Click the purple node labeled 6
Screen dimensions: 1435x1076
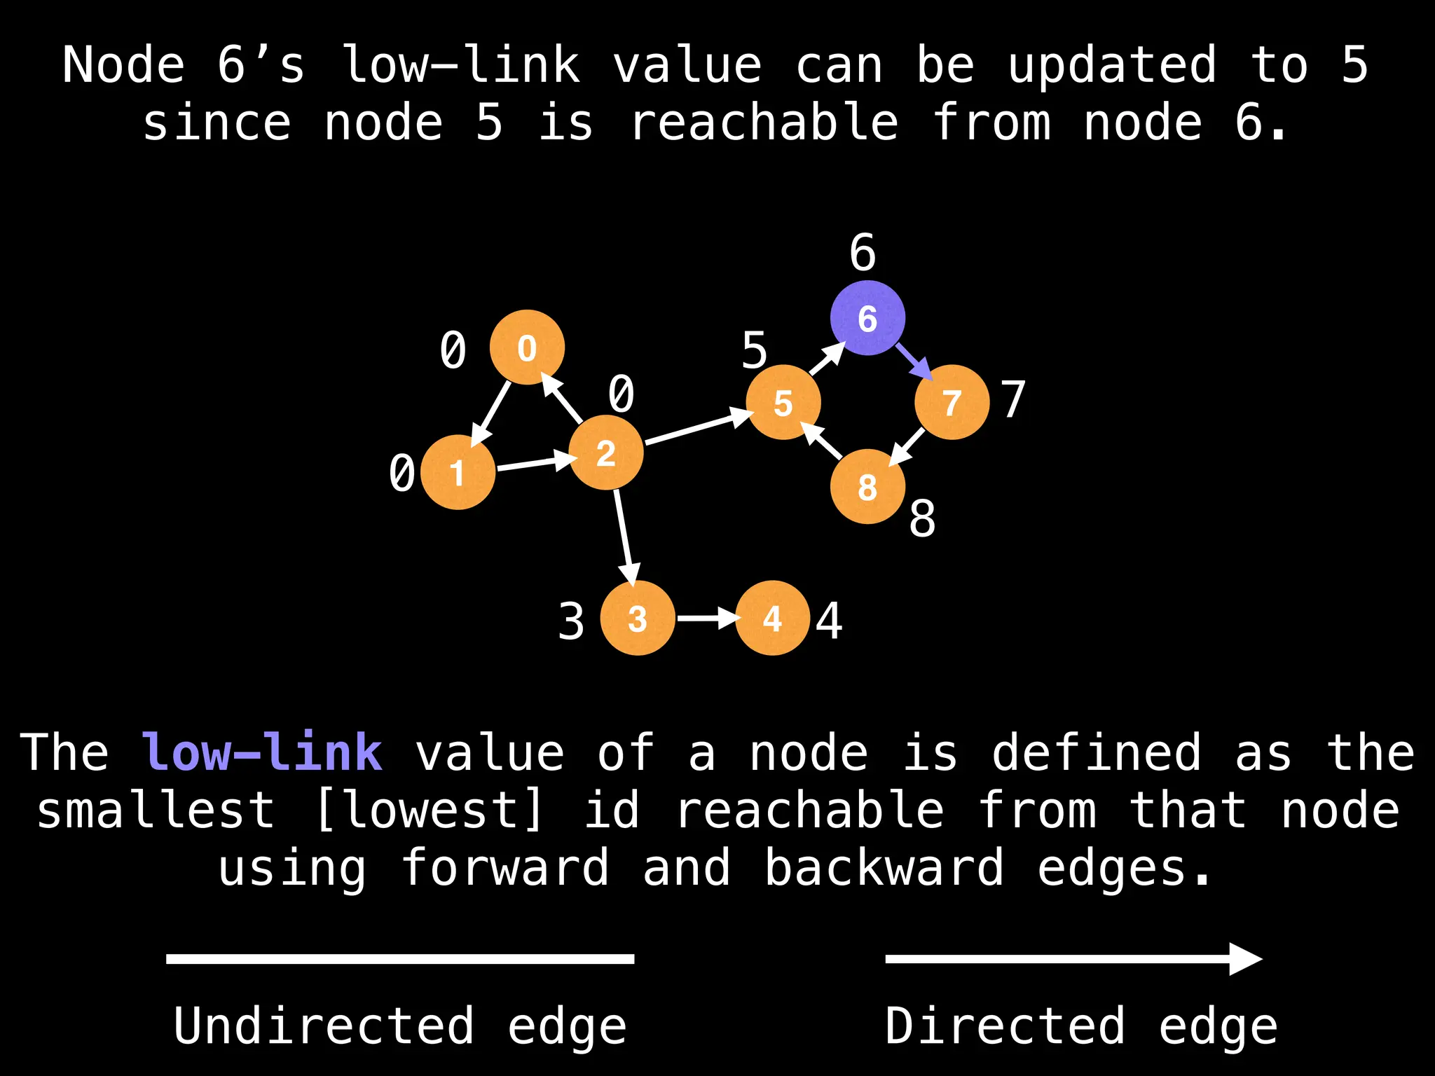(x=867, y=318)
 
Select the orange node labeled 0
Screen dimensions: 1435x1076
(x=527, y=347)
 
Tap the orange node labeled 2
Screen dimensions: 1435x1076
(x=606, y=453)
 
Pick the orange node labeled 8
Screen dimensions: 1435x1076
(x=867, y=487)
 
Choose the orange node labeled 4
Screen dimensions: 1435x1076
(x=772, y=618)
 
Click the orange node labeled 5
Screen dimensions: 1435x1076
(x=783, y=402)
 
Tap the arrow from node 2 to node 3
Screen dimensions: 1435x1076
(x=625, y=536)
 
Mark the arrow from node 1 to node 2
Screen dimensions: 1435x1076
(x=534, y=463)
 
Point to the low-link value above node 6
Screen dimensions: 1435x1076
(x=863, y=252)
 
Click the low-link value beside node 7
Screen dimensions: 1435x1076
(x=1013, y=399)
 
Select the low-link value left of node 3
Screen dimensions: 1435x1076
(x=571, y=621)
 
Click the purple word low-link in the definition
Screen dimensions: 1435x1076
(x=262, y=752)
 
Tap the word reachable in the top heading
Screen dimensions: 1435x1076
(x=764, y=122)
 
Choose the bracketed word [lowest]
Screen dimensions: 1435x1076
(x=429, y=810)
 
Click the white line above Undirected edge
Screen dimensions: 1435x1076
(x=400, y=959)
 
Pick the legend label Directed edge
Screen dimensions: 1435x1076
(x=1081, y=1026)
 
